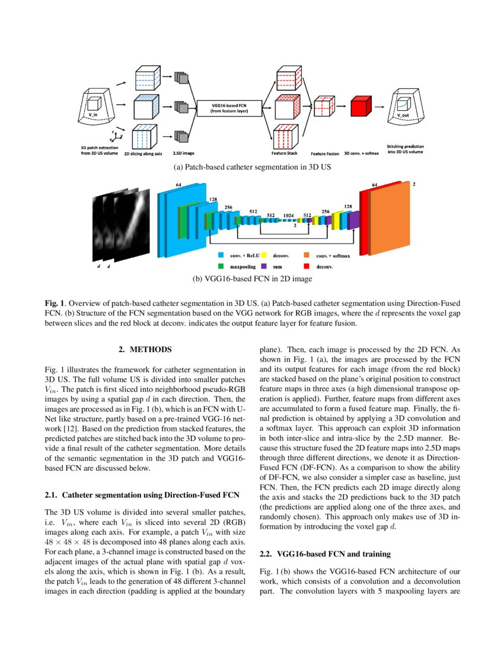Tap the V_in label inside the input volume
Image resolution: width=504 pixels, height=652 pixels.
(x=93, y=114)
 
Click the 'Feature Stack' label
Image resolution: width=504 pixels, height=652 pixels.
(x=283, y=153)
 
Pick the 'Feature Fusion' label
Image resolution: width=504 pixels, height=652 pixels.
(x=324, y=153)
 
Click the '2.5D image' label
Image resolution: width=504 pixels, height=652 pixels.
(x=180, y=153)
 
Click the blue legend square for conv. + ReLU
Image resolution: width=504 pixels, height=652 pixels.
(x=221, y=255)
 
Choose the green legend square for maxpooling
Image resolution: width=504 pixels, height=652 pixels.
(x=221, y=267)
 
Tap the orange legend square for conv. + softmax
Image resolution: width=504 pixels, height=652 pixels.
(x=307, y=255)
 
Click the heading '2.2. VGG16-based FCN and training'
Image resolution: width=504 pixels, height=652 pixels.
(x=326, y=554)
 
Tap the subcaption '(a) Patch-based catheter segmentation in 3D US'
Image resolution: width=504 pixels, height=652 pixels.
(x=251, y=168)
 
